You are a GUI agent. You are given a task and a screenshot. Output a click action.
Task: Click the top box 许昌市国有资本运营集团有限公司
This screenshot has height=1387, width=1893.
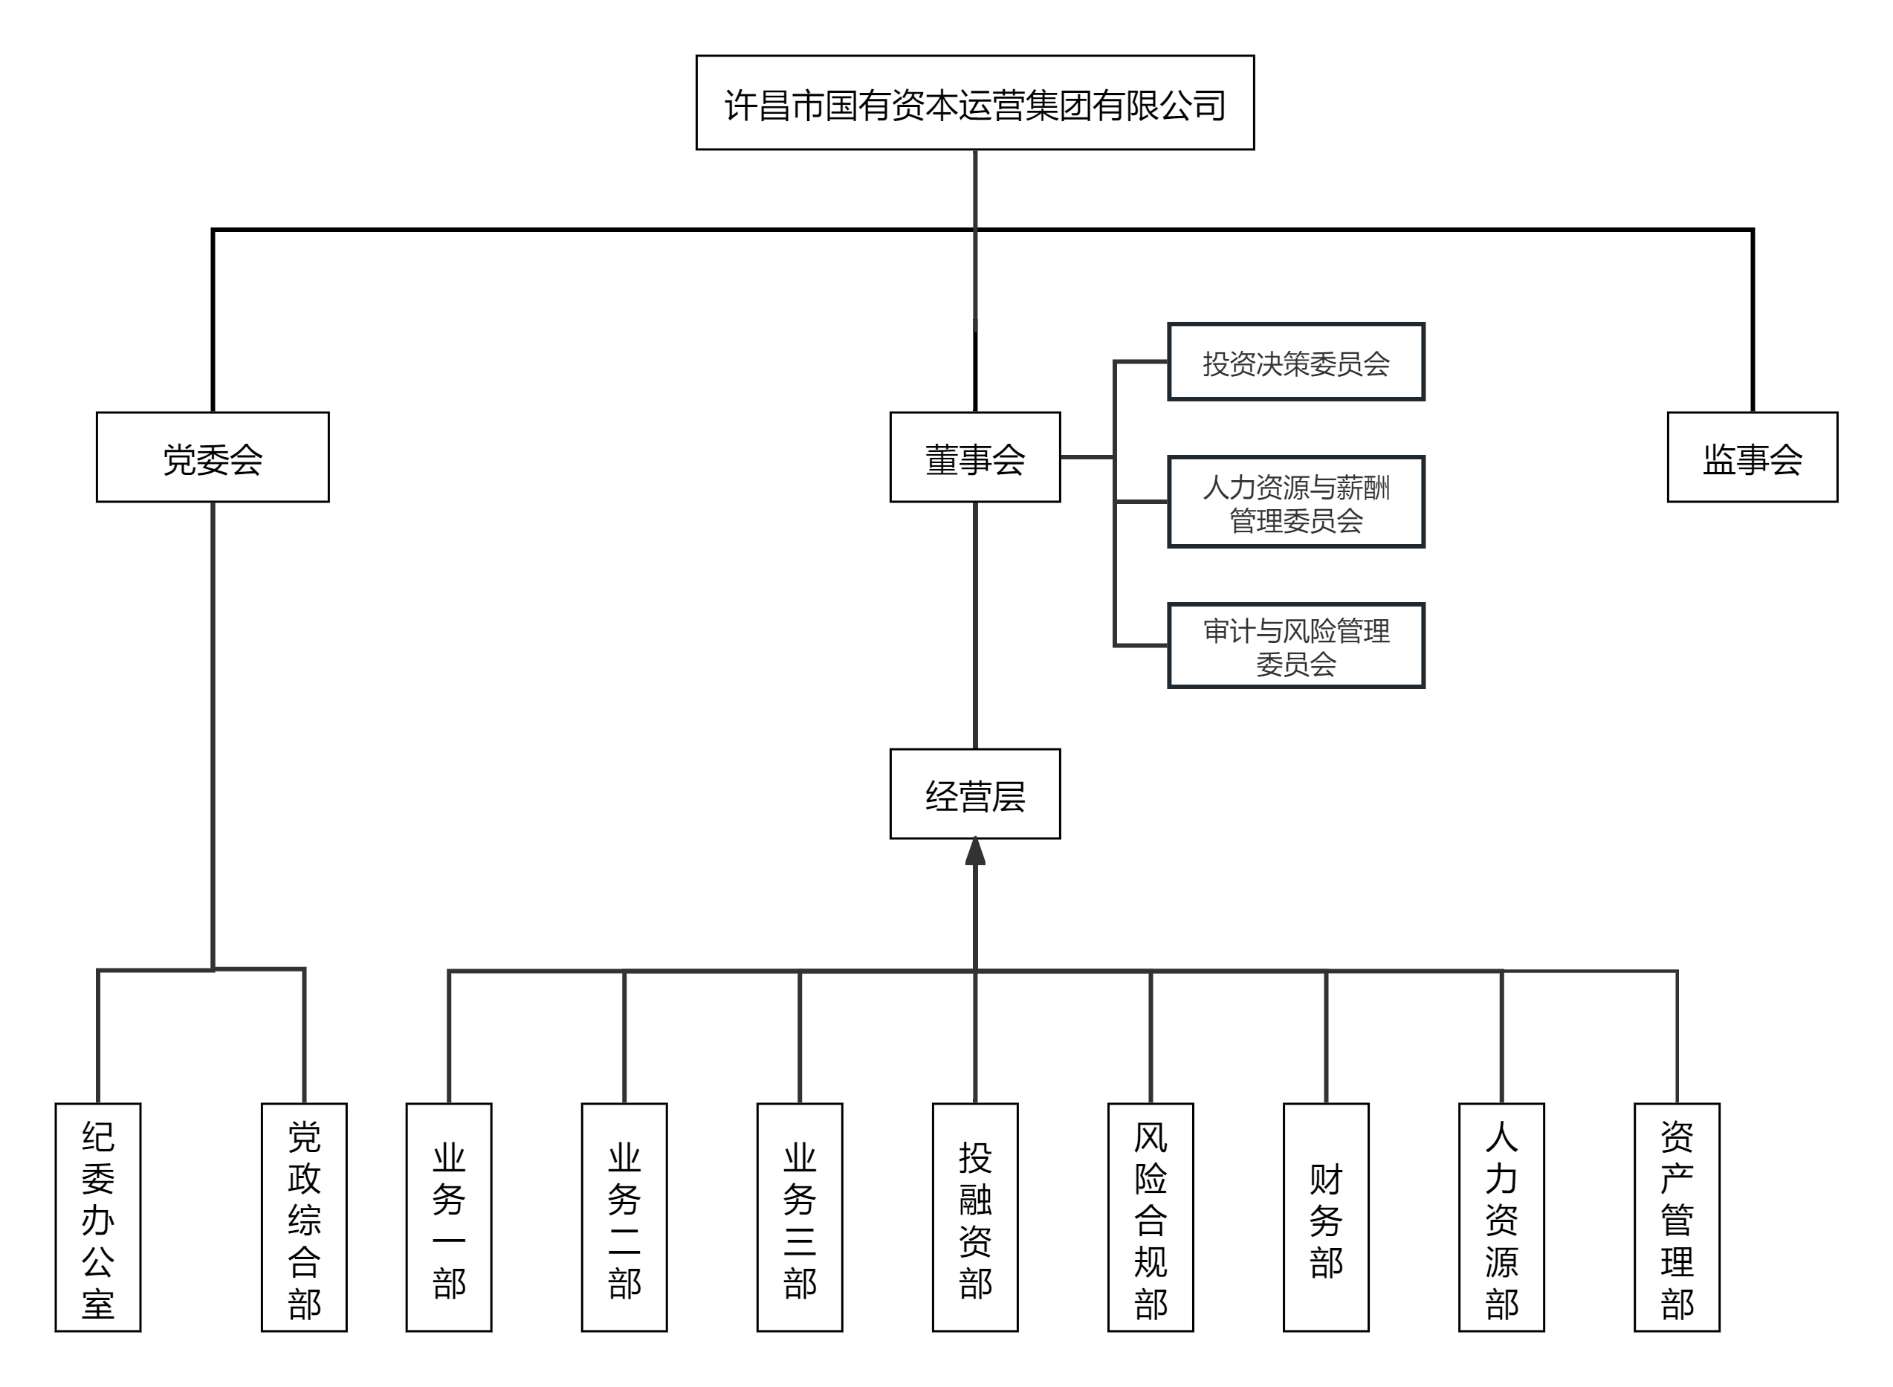974,103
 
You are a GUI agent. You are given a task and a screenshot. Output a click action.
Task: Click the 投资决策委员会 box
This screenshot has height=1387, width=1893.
1295,362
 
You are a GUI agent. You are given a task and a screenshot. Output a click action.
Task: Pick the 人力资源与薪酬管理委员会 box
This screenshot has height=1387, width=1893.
1295,502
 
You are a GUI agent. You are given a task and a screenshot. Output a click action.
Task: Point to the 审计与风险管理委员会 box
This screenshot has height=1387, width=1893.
1295,646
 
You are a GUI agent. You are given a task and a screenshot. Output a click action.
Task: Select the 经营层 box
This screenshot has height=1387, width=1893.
974,793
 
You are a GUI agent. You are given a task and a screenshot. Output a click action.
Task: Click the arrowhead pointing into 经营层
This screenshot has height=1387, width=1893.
974,852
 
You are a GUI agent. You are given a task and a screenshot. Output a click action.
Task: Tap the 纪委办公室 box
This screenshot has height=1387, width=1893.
97,1218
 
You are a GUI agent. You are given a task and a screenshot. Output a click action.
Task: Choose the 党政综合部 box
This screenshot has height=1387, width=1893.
304,1218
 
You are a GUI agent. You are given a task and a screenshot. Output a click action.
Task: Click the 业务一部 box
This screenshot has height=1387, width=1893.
448,1218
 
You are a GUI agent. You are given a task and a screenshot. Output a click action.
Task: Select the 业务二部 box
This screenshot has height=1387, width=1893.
624,1218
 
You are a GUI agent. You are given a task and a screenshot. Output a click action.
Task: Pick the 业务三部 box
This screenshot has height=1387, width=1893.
799,1218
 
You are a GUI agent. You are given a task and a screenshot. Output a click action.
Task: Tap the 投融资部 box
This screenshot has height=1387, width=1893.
974,1218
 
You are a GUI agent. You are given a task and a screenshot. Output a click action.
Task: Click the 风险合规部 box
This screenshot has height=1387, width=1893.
1150,1218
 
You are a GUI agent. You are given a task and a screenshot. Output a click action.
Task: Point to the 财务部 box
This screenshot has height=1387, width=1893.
1325,1218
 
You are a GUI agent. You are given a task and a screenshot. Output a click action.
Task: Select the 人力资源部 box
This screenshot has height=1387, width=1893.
1501,1218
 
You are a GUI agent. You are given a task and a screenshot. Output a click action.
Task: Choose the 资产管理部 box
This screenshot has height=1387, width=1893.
1677,1218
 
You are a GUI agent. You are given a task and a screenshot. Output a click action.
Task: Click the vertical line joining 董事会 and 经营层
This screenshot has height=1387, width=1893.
974,626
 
